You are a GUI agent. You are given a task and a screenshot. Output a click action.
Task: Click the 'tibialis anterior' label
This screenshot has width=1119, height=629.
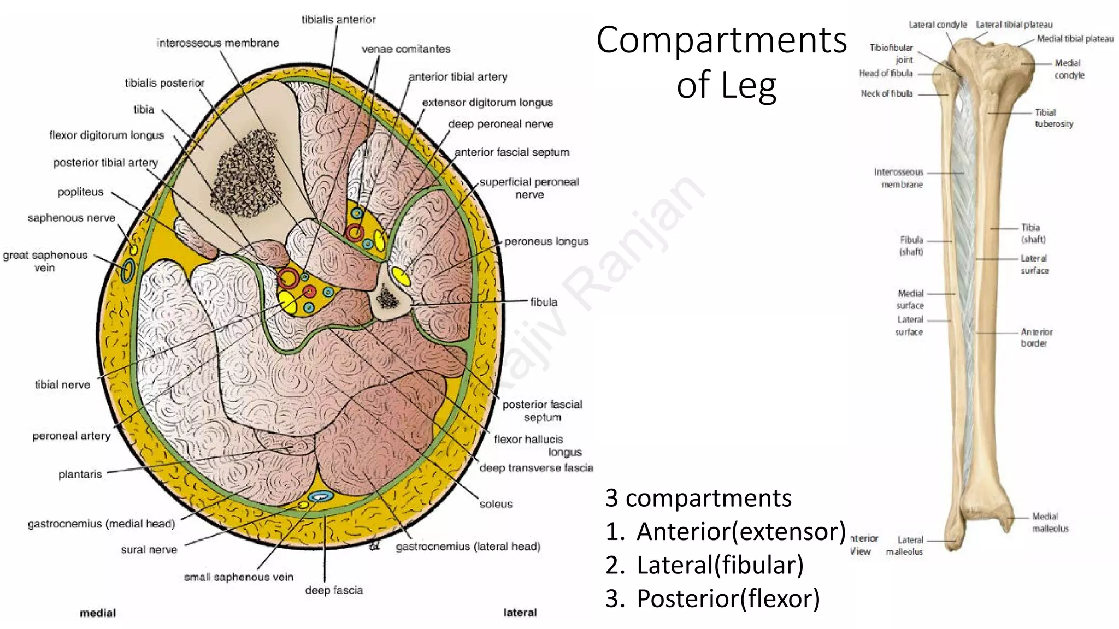(x=338, y=20)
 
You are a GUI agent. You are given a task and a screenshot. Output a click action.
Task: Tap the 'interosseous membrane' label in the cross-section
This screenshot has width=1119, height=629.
(x=217, y=43)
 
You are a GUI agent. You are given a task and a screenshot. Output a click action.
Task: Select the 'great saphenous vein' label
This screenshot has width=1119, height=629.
(x=45, y=261)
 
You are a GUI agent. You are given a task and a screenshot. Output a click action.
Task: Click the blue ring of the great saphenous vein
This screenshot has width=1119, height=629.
(x=127, y=270)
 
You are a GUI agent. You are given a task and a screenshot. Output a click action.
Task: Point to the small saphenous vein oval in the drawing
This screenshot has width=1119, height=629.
(x=320, y=496)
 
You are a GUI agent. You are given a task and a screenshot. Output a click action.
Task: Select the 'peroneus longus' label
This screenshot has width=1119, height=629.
(x=546, y=241)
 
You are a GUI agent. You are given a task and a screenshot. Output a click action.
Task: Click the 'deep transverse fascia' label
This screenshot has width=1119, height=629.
(x=536, y=468)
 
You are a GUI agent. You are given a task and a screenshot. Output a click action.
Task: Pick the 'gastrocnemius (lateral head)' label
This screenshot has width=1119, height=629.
(x=468, y=547)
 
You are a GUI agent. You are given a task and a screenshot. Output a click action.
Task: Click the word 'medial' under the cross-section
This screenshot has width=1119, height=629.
(x=98, y=613)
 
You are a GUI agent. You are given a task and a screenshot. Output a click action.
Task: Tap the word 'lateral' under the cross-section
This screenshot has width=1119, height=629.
(x=520, y=613)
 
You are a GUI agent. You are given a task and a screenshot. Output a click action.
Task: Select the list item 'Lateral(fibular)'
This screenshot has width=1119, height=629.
(x=720, y=565)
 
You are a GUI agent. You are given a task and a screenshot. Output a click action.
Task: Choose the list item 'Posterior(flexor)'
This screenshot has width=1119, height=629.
(x=728, y=598)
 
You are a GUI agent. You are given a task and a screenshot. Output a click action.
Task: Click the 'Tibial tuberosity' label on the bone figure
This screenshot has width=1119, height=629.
(x=1053, y=118)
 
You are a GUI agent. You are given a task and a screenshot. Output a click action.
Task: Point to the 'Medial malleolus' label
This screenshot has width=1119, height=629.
(x=1050, y=522)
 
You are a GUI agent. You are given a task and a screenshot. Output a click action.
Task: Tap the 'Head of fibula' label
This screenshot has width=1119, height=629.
(x=885, y=73)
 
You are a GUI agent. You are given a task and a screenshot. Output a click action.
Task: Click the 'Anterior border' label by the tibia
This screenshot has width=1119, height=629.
(x=1036, y=337)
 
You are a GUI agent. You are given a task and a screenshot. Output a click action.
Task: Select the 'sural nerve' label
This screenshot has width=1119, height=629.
(x=149, y=550)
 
